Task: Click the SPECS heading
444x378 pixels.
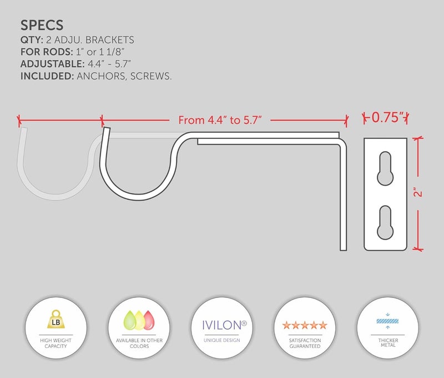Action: point(42,25)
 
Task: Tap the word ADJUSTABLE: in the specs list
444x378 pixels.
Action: point(52,64)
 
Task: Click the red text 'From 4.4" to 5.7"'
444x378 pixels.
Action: point(220,120)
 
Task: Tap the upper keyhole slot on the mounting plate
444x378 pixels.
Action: point(385,168)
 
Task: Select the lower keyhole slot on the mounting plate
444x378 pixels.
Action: point(385,222)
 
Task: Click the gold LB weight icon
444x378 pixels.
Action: point(56,319)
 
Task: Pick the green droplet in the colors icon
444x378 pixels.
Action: point(130,320)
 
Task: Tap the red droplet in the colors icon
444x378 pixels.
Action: point(149,320)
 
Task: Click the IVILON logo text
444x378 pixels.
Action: point(224,325)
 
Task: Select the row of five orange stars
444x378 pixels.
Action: point(305,325)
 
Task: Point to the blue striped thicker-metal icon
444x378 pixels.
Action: point(387,321)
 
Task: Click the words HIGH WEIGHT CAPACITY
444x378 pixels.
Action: point(56,343)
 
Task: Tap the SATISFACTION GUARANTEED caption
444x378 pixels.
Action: point(305,343)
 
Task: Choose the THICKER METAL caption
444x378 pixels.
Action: point(388,342)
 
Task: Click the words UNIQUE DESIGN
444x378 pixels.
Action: point(221,340)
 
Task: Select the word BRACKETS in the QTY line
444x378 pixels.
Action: point(109,40)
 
